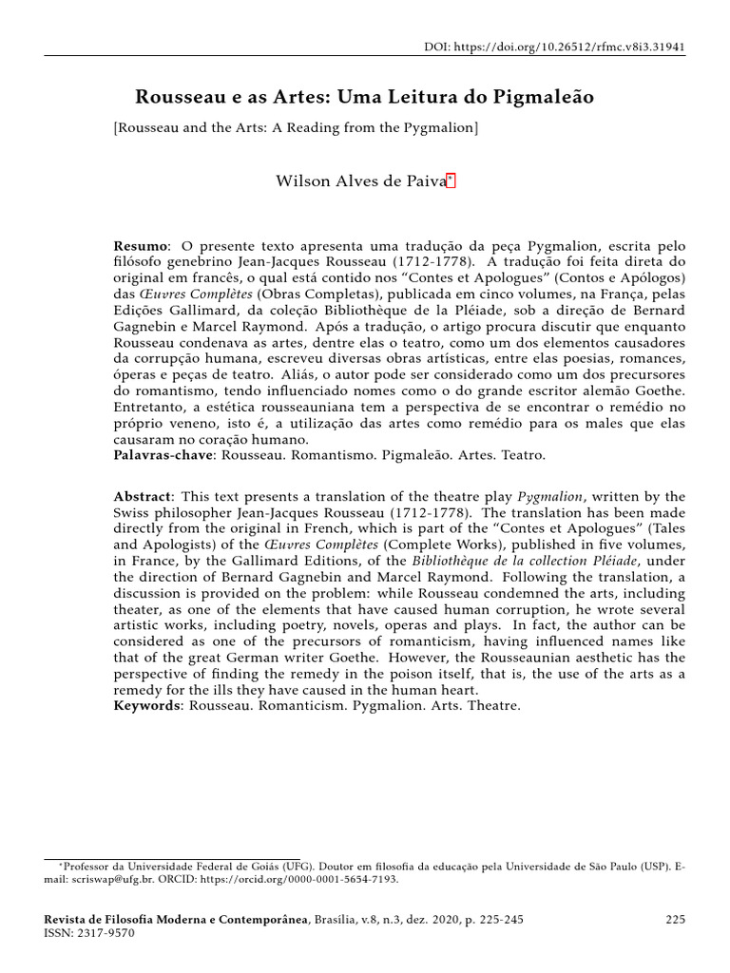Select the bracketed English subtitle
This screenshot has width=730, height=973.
296,126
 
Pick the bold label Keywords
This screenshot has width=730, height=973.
148,706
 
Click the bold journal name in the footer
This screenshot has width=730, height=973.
177,921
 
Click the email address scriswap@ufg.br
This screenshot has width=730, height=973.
109,879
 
